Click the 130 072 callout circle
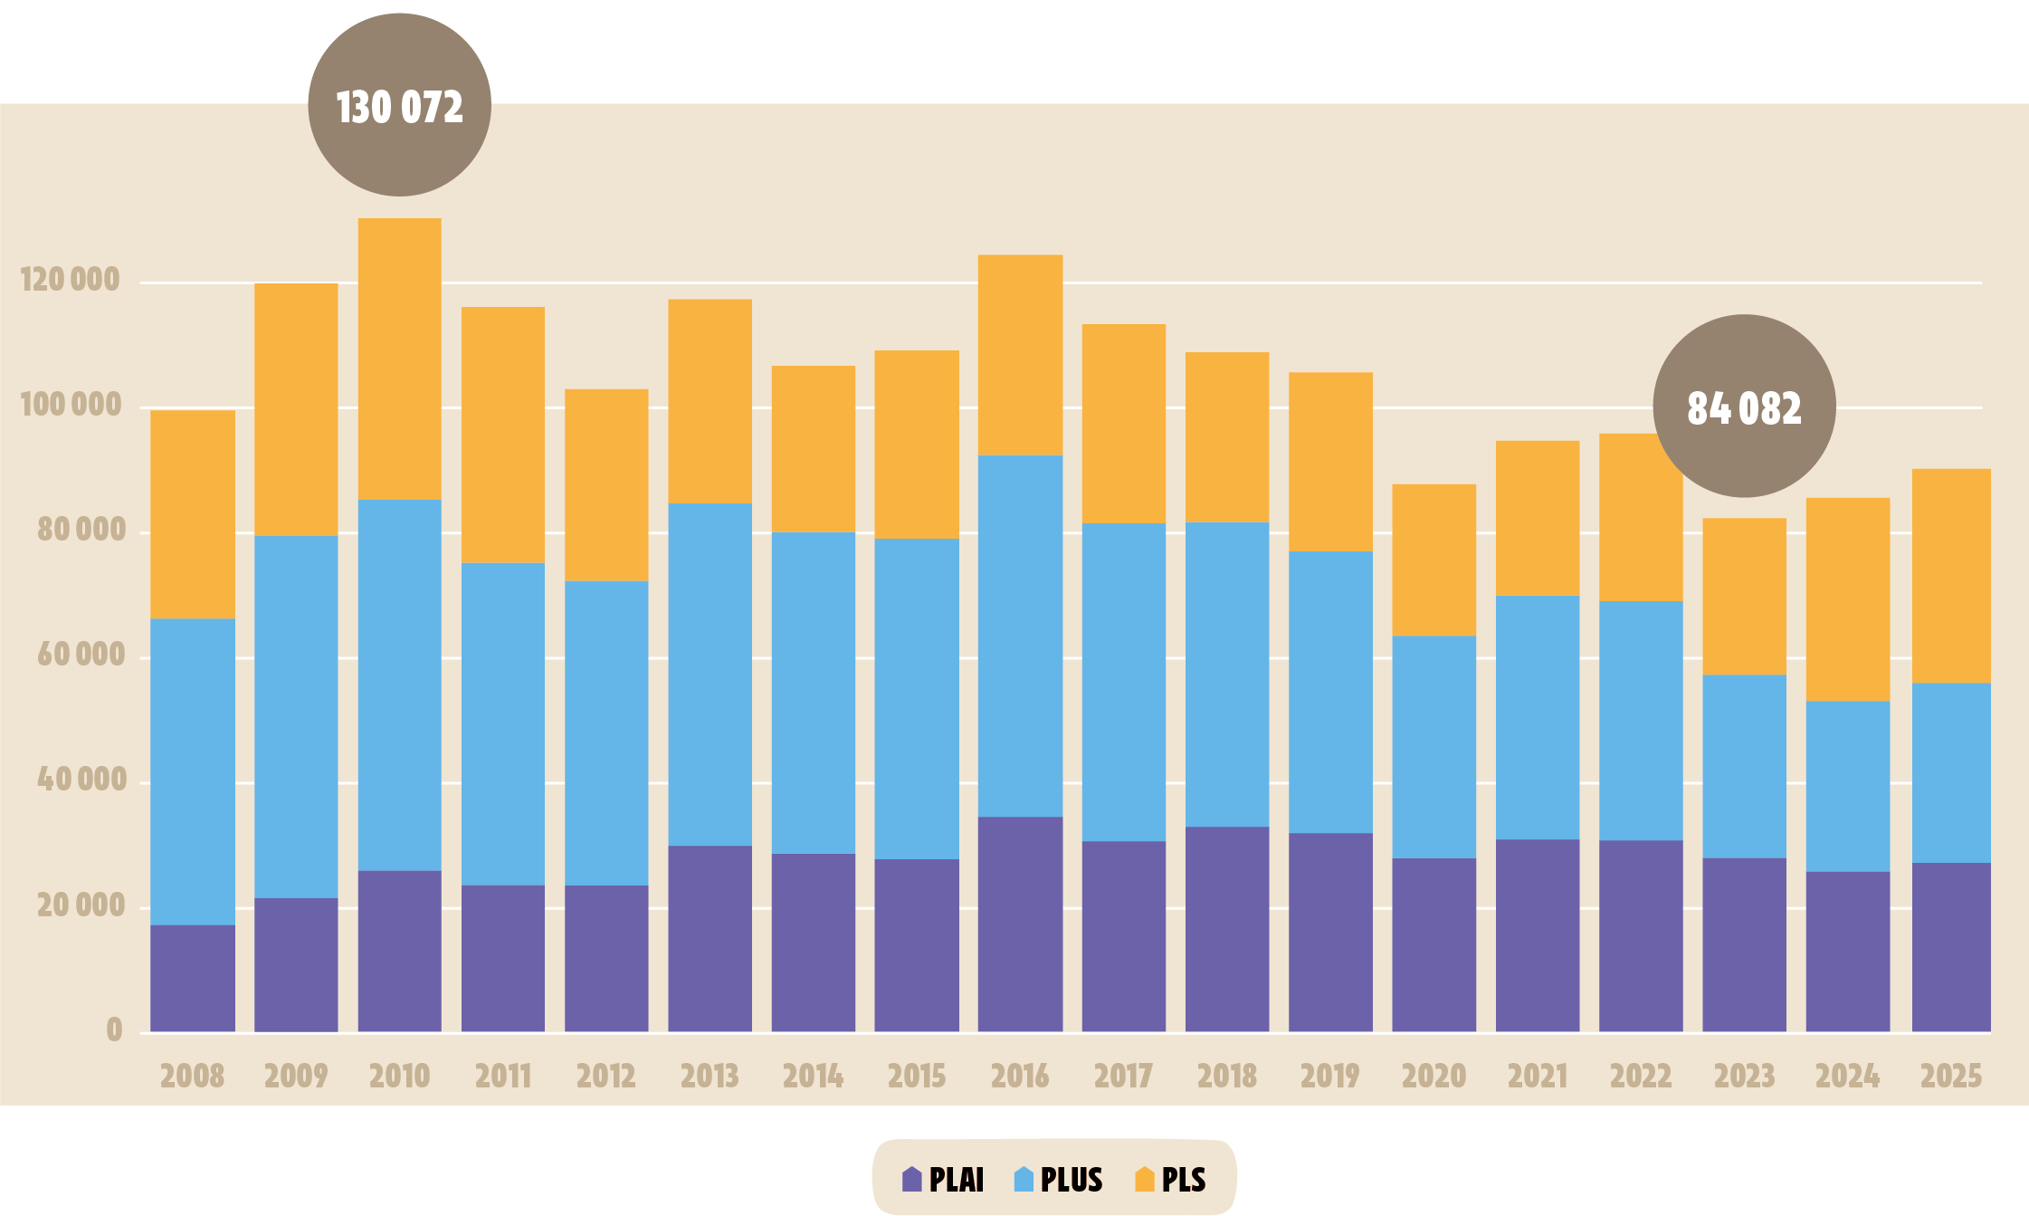click(x=399, y=105)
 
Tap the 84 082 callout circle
click(x=1744, y=407)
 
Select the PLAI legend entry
click(x=943, y=1179)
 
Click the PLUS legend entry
click(x=1059, y=1179)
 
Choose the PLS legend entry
click(x=1171, y=1179)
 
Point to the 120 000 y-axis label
click(x=71, y=280)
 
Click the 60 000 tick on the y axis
click(x=81, y=655)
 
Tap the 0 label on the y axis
click(x=114, y=1029)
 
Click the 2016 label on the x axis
click(x=1020, y=1076)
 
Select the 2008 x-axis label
click(x=192, y=1076)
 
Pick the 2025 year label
click(x=1951, y=1076)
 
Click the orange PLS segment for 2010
click(x=399, y=359)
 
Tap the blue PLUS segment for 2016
click(x=1020, y=636)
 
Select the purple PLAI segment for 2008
click(x=192, y=978)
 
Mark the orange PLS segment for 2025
click(x=1951, y=576)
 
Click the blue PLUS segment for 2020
click(x=1434, y=747)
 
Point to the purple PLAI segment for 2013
click(x=710, y=938)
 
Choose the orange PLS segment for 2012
click(x=606, y=485)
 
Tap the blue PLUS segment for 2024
click(x=1847, y=786)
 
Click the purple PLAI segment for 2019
click(x=1330, y=932)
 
